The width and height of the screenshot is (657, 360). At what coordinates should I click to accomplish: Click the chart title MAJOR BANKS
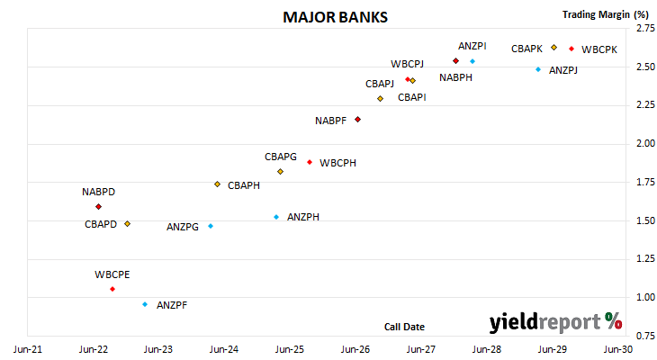[335, 17]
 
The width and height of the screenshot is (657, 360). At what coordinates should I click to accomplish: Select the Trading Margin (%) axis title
[606, 14]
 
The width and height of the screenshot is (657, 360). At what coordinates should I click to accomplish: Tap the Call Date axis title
[404, 327]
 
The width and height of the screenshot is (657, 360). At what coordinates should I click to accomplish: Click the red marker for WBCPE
[112, 289]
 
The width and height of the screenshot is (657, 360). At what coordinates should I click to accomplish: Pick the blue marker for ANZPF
[145, 304]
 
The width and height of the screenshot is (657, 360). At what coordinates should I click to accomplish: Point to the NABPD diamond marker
[98, 207]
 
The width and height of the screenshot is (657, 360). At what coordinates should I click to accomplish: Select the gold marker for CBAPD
[128, 224]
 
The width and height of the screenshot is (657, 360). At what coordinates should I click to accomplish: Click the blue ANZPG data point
[211, 226]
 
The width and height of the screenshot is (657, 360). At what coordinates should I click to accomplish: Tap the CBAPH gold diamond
[217, 184]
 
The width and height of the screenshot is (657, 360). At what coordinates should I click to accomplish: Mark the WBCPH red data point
[310, 162]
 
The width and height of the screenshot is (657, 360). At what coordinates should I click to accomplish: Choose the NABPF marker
[358, 120]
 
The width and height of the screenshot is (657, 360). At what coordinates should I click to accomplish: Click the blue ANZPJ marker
[538, 69]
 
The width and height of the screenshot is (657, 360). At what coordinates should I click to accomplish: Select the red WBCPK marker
[571, 49]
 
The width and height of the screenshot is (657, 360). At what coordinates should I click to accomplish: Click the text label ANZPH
[303, 217]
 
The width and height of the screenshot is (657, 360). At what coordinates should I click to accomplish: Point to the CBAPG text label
[281, 157]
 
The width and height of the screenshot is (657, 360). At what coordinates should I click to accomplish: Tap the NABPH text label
[456, 77]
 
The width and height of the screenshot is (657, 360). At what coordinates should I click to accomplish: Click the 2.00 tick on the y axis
[645, 143]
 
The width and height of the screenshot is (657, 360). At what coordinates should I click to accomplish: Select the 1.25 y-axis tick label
[645, 258]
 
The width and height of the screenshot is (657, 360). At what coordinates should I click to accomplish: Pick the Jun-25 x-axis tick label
[290, 349]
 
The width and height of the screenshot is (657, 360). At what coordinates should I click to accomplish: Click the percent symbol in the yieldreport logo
[614, 321]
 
